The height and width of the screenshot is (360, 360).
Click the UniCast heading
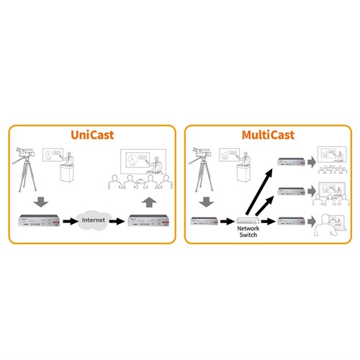click(x=91, y=135)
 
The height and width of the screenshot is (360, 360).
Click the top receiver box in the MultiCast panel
click(x=290, y=164)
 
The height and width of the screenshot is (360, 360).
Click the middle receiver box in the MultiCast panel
click(x=290, y=192)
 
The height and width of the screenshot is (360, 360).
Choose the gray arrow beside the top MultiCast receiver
click(x=310, y=164)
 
